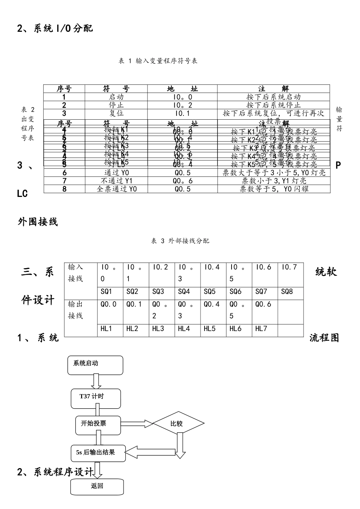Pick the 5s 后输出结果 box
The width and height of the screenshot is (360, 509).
point(98,453)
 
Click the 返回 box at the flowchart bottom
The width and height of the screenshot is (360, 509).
point(97,486)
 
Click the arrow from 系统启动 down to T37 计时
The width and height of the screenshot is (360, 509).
point(97,381)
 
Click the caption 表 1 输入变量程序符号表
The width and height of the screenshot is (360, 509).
point(158,61)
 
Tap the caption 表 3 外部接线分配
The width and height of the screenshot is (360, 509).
point(180,241)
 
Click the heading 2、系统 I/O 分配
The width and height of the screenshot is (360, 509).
point(55,28)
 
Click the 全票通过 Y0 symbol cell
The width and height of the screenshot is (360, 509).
point(117,189)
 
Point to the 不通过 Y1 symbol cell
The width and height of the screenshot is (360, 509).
point(117,181)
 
